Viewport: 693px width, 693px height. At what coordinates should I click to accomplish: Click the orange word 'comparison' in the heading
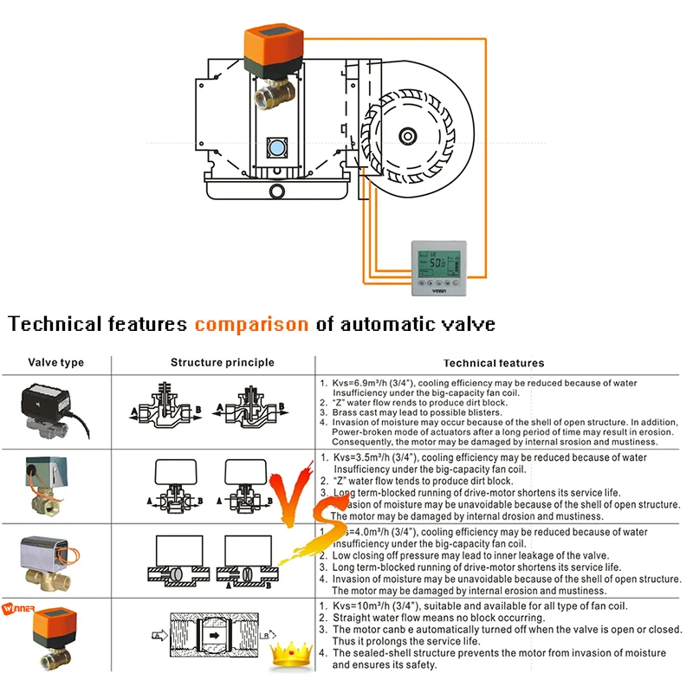tap(251, 325)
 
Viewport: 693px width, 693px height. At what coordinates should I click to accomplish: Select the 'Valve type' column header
tap(56, 362)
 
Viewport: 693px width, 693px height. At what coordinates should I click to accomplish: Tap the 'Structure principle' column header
tap(223, 362)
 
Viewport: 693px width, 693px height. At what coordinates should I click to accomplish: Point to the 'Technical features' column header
tap(494, 363)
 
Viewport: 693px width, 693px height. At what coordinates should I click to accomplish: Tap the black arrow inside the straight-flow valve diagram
tap(210, 635)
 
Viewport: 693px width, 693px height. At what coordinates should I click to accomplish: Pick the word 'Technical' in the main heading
tap(52, 325)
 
